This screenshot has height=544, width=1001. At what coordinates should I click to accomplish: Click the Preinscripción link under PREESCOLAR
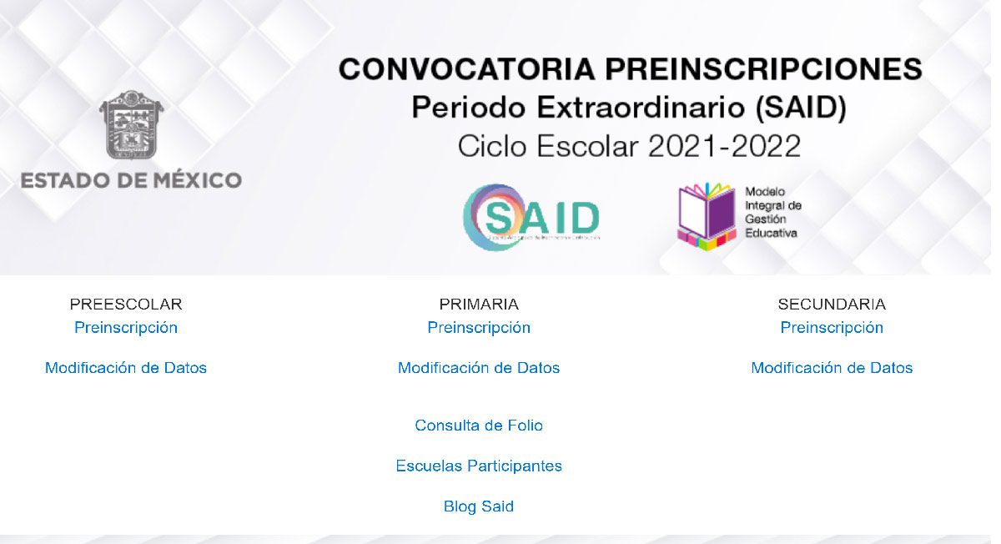click(x=126, y=328)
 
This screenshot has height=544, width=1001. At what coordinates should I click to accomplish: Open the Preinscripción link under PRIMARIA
click(x=479, y=328)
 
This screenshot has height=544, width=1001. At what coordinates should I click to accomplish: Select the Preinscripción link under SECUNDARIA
click(x=832, y=328)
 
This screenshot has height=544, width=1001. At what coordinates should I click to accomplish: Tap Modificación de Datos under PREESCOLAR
click(x=126, y=368)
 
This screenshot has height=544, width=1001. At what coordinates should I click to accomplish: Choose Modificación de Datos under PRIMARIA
click(x=479, y=368)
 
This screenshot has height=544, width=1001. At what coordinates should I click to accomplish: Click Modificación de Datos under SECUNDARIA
click(x=832, y=368)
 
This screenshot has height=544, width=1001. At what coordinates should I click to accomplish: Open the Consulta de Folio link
click(x=479, y=426)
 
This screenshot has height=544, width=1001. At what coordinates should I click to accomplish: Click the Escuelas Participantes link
click(x=479, y=466)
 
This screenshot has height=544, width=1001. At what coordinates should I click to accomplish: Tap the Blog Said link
click(x=479, y=506)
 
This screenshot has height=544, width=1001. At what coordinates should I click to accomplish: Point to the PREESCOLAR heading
click(x=126, y=305)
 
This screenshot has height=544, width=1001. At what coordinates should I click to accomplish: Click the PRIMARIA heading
click(x=479, y=305)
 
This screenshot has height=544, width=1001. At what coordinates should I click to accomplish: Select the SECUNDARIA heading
click(x=832, y=305)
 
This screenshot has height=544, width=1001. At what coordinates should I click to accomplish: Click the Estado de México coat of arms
click(x=131, y=125)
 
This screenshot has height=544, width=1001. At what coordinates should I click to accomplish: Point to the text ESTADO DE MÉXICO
click(x=131, y=180)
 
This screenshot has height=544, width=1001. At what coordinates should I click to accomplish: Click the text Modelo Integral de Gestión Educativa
click(x=772, y=212)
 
